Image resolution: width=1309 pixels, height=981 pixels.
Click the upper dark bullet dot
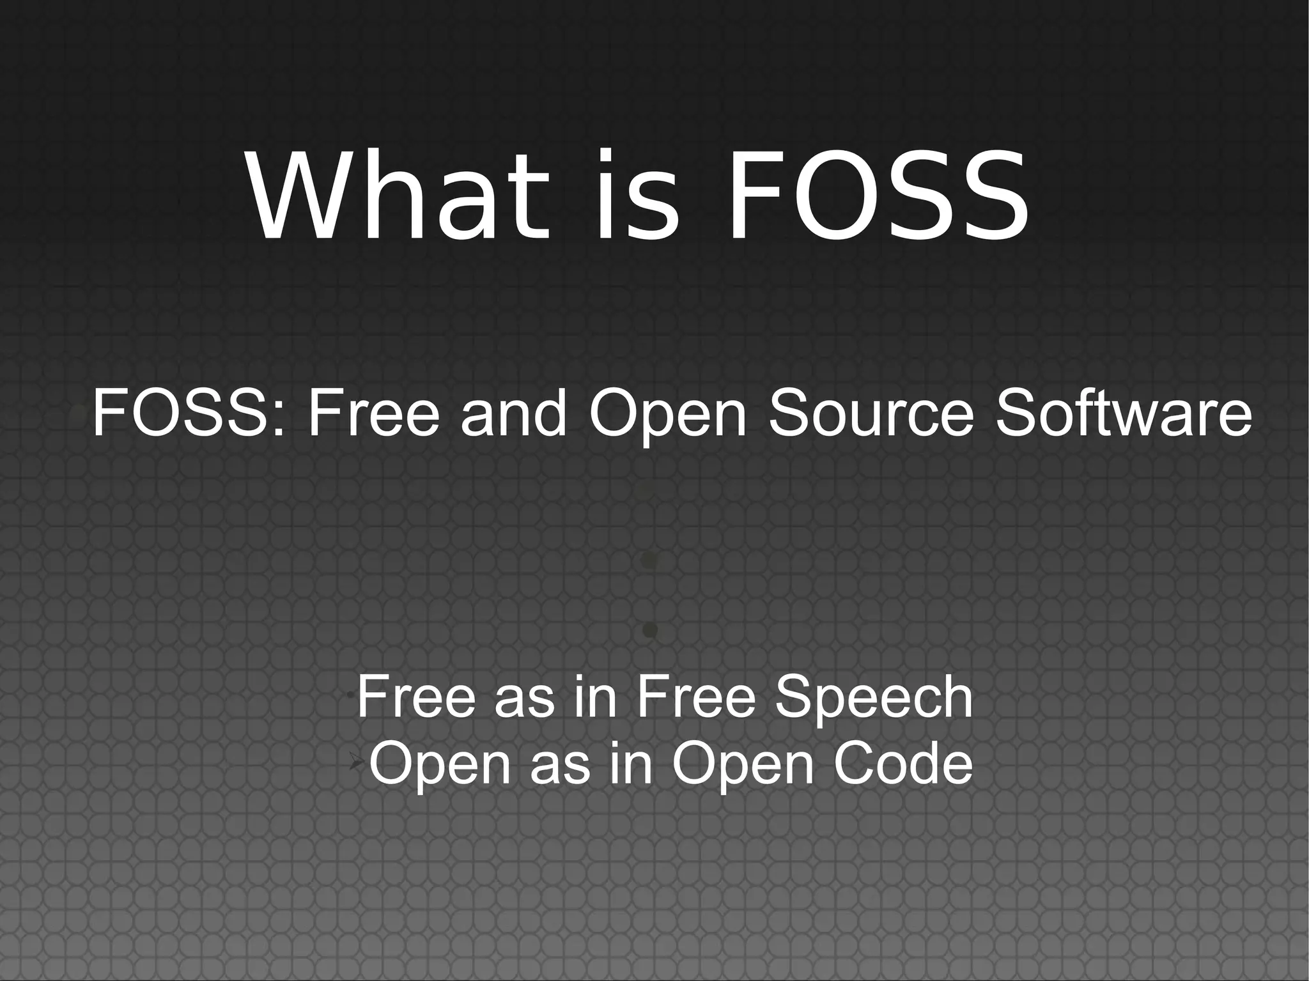pos(649,561)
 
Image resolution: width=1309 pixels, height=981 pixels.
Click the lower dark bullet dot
pos(649,631)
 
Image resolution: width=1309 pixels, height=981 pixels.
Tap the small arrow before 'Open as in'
pos(356,761)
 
